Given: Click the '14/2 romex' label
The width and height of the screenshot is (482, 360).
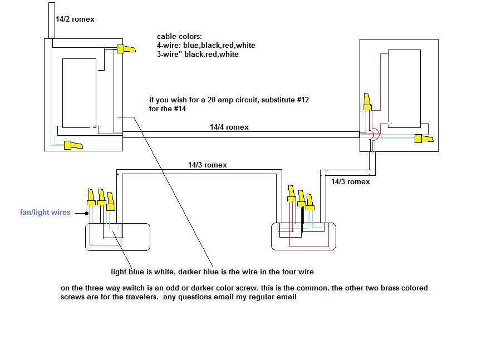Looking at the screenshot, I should (x=75, y=19).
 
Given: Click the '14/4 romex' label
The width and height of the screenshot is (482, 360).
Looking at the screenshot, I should (x=229, y=127).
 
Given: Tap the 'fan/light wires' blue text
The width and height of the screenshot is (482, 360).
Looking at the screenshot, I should (x=45, y=213).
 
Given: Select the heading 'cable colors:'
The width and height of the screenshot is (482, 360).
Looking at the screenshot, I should (x=179, y=37).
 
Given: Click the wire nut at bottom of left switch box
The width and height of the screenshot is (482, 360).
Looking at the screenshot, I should (x=73, y=146).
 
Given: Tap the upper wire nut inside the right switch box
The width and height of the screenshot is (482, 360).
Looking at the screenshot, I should (x=367, y=101).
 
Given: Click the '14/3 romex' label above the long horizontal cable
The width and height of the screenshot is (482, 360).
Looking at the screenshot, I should (x=208, y=165).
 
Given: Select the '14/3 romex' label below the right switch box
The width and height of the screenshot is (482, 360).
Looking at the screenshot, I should (x=351, y=182).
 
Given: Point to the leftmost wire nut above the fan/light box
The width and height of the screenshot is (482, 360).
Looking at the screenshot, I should (x=90, y=197).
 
